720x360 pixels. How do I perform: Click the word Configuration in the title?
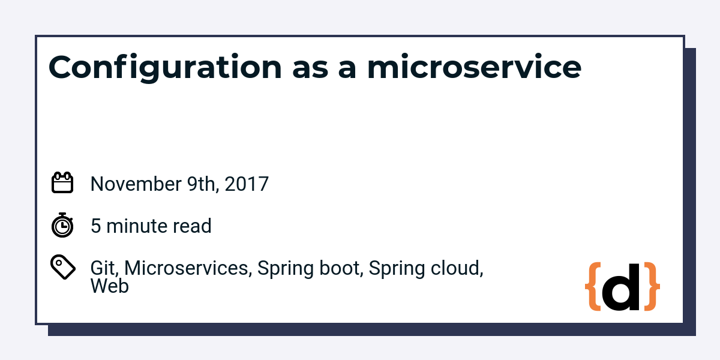165,67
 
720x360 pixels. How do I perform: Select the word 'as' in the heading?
311,70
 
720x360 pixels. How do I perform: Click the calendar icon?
62,182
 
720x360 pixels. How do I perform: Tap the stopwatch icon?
62,225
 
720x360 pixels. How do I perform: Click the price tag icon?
63,267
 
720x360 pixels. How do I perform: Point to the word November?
136,184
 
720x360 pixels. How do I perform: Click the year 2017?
247,184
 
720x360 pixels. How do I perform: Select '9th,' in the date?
203,185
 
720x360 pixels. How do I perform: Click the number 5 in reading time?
96,226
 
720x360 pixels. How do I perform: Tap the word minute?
136,226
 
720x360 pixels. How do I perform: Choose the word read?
192,226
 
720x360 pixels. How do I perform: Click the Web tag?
110,286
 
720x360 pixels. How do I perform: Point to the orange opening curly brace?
593,286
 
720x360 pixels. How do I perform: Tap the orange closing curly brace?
652,286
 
